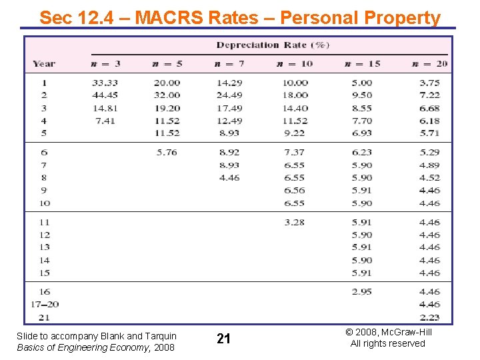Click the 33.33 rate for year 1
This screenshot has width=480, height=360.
pyautogui.click(x=104, y=83)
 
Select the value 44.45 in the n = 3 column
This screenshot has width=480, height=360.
pyautogui.click(x=104, y=95)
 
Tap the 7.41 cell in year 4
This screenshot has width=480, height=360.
pyautogui.click(x=104, y=121)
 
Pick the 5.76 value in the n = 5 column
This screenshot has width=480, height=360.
pyautogui.click(x=167, y=153)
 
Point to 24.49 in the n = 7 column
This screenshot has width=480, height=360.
pyautogui.click(x=229, y=95)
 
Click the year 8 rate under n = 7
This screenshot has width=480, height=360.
pyautogui.click(x=229, y=178)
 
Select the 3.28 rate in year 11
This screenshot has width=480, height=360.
pyautogui.click(x=294, y=222)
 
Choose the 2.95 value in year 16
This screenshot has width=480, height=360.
pyautogui.click(x=361, y=292)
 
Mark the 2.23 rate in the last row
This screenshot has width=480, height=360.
pyautogui.click(x=429, y=317)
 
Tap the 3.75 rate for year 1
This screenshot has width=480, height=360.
pyautogui.click(x=429, y=83)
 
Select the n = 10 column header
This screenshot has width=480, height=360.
pyautogui.click(x=294, y=64)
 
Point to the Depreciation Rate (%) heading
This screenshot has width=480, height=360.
pyautogui.click(x=273, y=45)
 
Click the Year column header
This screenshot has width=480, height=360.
pyautogui.click(x=44, y=64)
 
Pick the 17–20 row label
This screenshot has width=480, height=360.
pyautogui.click(x=45, y=305)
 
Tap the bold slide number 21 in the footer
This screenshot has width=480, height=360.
pyautogui.click(x=223, y=339)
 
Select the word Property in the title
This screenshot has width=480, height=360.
pyautogui.click(x=405, y=18)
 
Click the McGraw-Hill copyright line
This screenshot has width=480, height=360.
pyautogui.click(x=387, y=332)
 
